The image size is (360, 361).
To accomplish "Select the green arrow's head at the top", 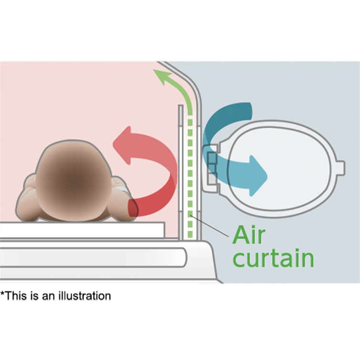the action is pyautogui.click(x=163, y=76).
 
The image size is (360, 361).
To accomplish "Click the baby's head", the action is pyautogui.click(x=74, y=181).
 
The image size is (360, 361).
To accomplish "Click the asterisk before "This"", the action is pyautogui.click(x=2, y=294).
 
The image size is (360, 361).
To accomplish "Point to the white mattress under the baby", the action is pyautogui.click(x=82, y=230).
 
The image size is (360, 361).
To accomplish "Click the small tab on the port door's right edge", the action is pyautogui.click(x=341, y=168).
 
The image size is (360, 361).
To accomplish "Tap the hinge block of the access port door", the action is pyautogui.click(x=211, y=168).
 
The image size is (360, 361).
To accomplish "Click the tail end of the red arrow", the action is pyautogui.click(x=132, y=208).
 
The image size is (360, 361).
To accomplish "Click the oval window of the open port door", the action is pyautogui.click(x=280, y=169).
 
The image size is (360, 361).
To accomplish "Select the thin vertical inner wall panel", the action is pyautogui.click(x=181, y=173).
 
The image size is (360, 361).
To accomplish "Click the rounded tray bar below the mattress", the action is pyautogui.click(x=92, y=257).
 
